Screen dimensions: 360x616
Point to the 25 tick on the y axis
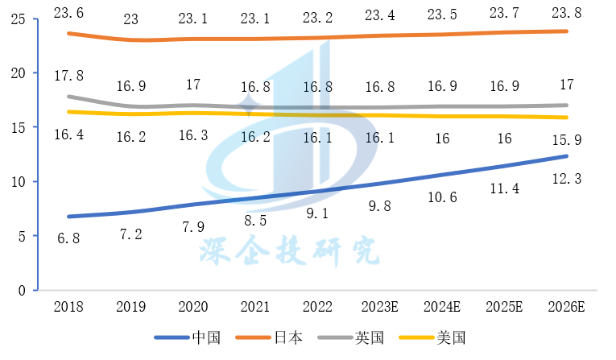click(19, 19)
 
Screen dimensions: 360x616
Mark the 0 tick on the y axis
click(23, 290)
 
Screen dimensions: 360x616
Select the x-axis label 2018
click(68, 307)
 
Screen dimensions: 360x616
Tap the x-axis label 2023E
click(381, 307)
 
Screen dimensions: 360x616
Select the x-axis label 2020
click(193, 307)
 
